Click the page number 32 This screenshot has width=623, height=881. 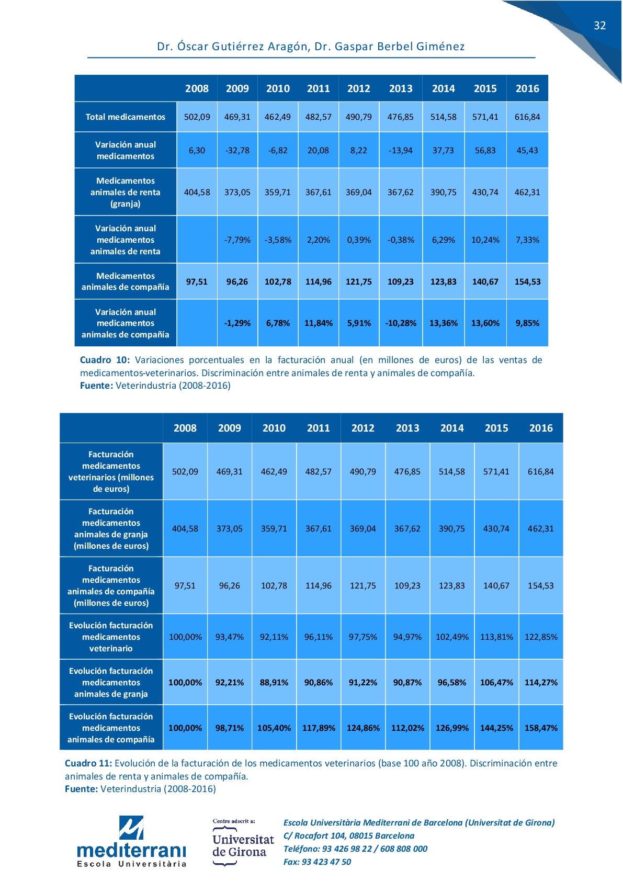click(599, 26)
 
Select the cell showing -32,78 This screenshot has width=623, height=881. click(237, 150)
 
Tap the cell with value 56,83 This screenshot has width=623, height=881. click(485, 150)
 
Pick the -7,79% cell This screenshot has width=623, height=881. click(237, 240)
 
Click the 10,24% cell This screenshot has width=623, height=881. click(485, 240)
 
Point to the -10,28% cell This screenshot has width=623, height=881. click(401, 323)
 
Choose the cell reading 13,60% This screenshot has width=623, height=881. click(485, 323)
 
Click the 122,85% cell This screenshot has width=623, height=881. click(541, 637)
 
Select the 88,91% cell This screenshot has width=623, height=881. click(274, 682)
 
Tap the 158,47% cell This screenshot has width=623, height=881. click(541, 728)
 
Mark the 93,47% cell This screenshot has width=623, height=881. click(229, 637)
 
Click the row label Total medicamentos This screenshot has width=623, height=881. click(126, 117)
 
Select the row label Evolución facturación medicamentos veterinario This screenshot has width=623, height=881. click(111, 637)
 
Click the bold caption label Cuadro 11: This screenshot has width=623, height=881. click(88, 763)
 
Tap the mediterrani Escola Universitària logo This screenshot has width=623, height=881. click(131, 842)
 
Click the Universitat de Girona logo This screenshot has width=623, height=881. click(243, 843)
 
